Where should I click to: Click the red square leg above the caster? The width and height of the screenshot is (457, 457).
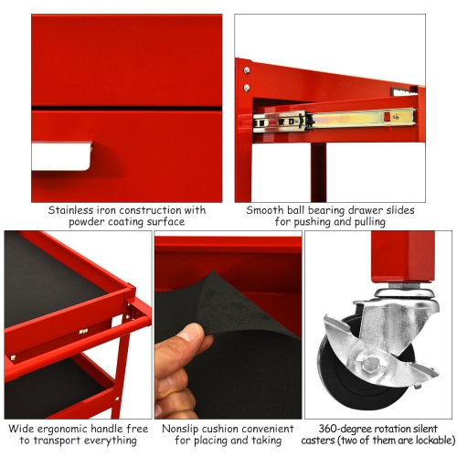point(394,256)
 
